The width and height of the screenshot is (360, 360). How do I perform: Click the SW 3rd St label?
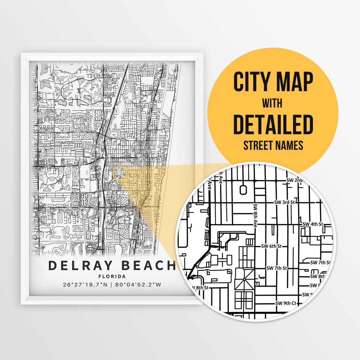pyautogui.click(x=285, y=202)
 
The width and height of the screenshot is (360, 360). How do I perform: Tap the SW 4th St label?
pyautogui.click(x=313, y=224)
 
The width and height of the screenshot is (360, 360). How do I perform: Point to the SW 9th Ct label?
pyautogui.click(x=286, y=303)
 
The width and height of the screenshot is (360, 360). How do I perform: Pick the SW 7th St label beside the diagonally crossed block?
pyautogui.click(x=276, y=268)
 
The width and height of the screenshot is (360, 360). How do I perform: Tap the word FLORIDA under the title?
pyautogui.click(x=112, y=276)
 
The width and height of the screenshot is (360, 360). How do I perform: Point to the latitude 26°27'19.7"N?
pyautogui.click(x=85, y=285)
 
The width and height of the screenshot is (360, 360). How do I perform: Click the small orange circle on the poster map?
pyautogui.click(x=119, y=174)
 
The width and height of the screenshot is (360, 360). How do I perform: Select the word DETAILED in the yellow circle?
pyautogui.click(x=273, y=124)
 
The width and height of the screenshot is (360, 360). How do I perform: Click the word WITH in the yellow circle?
pyautogui.click(x=272, y=103)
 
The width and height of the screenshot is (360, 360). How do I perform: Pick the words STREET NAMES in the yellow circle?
pyautogui.click(x=273, y=145)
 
